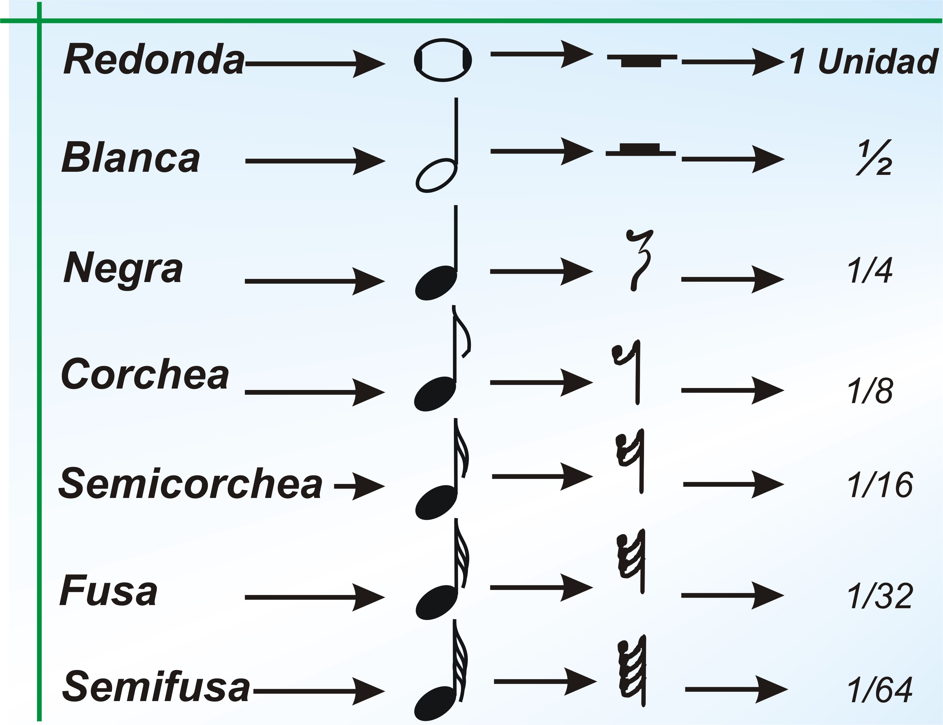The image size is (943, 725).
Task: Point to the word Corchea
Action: [145, 375]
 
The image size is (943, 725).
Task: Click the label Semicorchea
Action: [190, 484]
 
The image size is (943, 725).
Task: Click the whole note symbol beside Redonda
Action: [442, 60]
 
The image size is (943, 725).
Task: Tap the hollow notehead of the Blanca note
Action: [436, 176]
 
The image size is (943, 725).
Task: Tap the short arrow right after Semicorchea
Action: [359, 486]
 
